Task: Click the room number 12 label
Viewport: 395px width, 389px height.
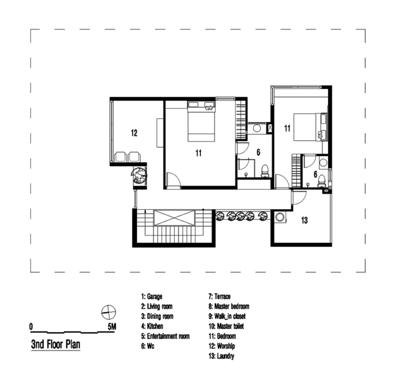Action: point(134,133)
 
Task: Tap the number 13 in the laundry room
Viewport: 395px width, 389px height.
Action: point(304,220)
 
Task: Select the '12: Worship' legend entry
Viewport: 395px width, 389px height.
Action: point(222,346)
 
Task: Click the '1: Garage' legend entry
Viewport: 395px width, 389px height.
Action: point(152,296)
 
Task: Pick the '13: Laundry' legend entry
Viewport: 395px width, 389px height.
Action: point(222,356)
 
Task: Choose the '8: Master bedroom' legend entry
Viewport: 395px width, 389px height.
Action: point(229,306)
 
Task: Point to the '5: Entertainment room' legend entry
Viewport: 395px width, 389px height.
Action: point(165,336)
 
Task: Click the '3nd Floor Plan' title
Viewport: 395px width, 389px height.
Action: point(56,344)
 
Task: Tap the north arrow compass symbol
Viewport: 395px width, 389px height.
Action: point(109,313)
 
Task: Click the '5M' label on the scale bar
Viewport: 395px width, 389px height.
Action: point(112,327)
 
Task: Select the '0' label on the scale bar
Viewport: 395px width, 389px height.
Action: point(31,327)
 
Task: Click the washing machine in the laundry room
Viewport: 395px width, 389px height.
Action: point(280,217)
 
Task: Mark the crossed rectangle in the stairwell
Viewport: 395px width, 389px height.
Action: point(174,218)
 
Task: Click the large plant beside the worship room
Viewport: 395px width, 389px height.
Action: point(139,175)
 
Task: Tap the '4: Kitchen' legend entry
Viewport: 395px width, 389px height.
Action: point(152,326)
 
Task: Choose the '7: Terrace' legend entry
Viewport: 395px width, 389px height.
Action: point(220,296)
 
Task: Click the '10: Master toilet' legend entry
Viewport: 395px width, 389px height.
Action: point(226,326)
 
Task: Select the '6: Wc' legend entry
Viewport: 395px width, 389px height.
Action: point(148,346)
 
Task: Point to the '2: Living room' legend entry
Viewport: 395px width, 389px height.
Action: point(157,306)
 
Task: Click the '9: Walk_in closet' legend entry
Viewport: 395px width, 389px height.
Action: point(227,317)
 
